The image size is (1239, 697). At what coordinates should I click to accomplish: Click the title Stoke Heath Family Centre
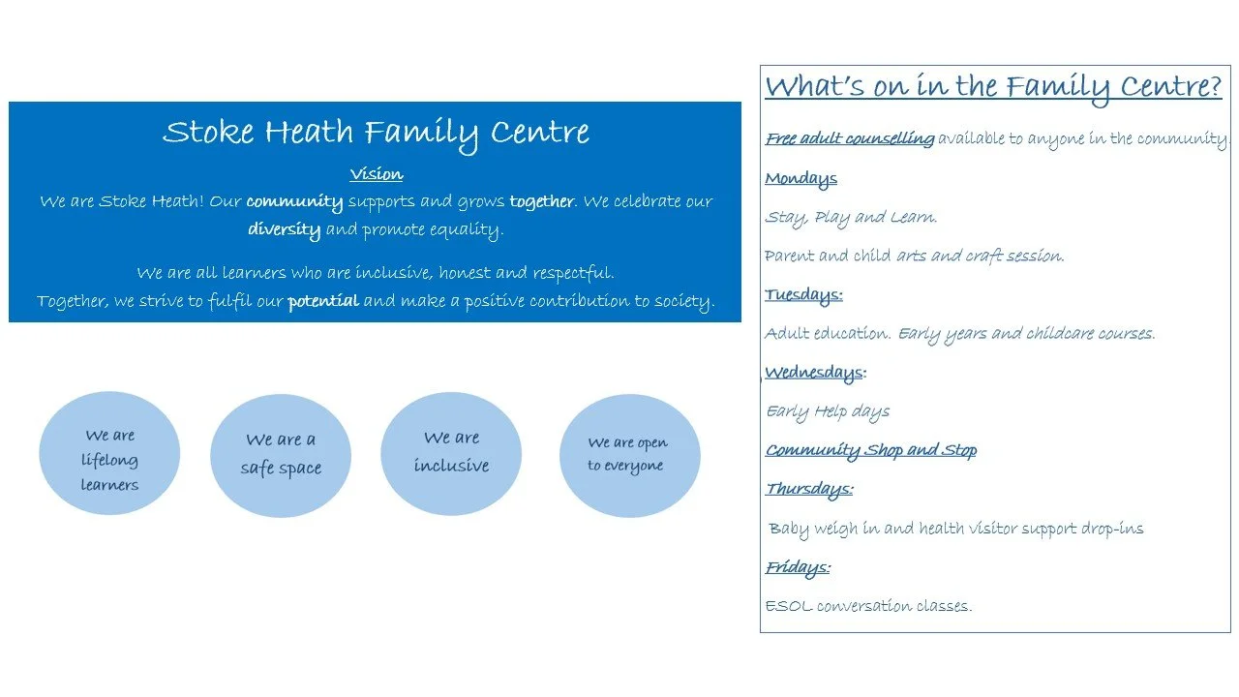click(x=376, y=133)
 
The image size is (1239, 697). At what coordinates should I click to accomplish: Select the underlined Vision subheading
click(x=376, y=174)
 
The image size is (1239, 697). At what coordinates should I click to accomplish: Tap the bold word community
click(x=294, y=202)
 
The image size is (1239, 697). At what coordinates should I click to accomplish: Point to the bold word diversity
click(x=285, y=230)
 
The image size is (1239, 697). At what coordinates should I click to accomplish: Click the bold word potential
click(x=323, y=301)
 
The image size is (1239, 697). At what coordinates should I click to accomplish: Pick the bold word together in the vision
click(x=541, y=202)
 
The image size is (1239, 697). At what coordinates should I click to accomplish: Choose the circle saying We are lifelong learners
click(x=109, y=454)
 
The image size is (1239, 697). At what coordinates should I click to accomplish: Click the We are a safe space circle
click(x=281, y=455)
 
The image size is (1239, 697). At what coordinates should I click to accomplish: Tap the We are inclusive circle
click(x=451, y=453)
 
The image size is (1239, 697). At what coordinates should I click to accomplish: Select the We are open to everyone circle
click(x=629, y=455)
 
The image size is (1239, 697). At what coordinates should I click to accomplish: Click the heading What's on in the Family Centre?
click(x=993, y=87)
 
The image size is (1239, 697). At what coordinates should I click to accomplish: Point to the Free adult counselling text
click(x=850, y=138)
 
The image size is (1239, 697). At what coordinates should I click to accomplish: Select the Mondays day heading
click(x=801, y=178)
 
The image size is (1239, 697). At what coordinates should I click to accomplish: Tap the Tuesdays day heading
click(x=803, y=294)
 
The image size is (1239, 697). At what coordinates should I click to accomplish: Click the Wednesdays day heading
click(x=814, y=373)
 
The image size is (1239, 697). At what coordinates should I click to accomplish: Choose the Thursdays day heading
click(x=809, y=489)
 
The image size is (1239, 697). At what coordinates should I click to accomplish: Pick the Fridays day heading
click(x=798, y=567)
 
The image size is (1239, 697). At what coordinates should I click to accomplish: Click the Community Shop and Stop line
click(x=871, y=450)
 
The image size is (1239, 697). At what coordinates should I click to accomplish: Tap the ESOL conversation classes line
click(x=868, y=607)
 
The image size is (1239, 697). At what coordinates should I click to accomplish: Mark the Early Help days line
click(x=828, y=411)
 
